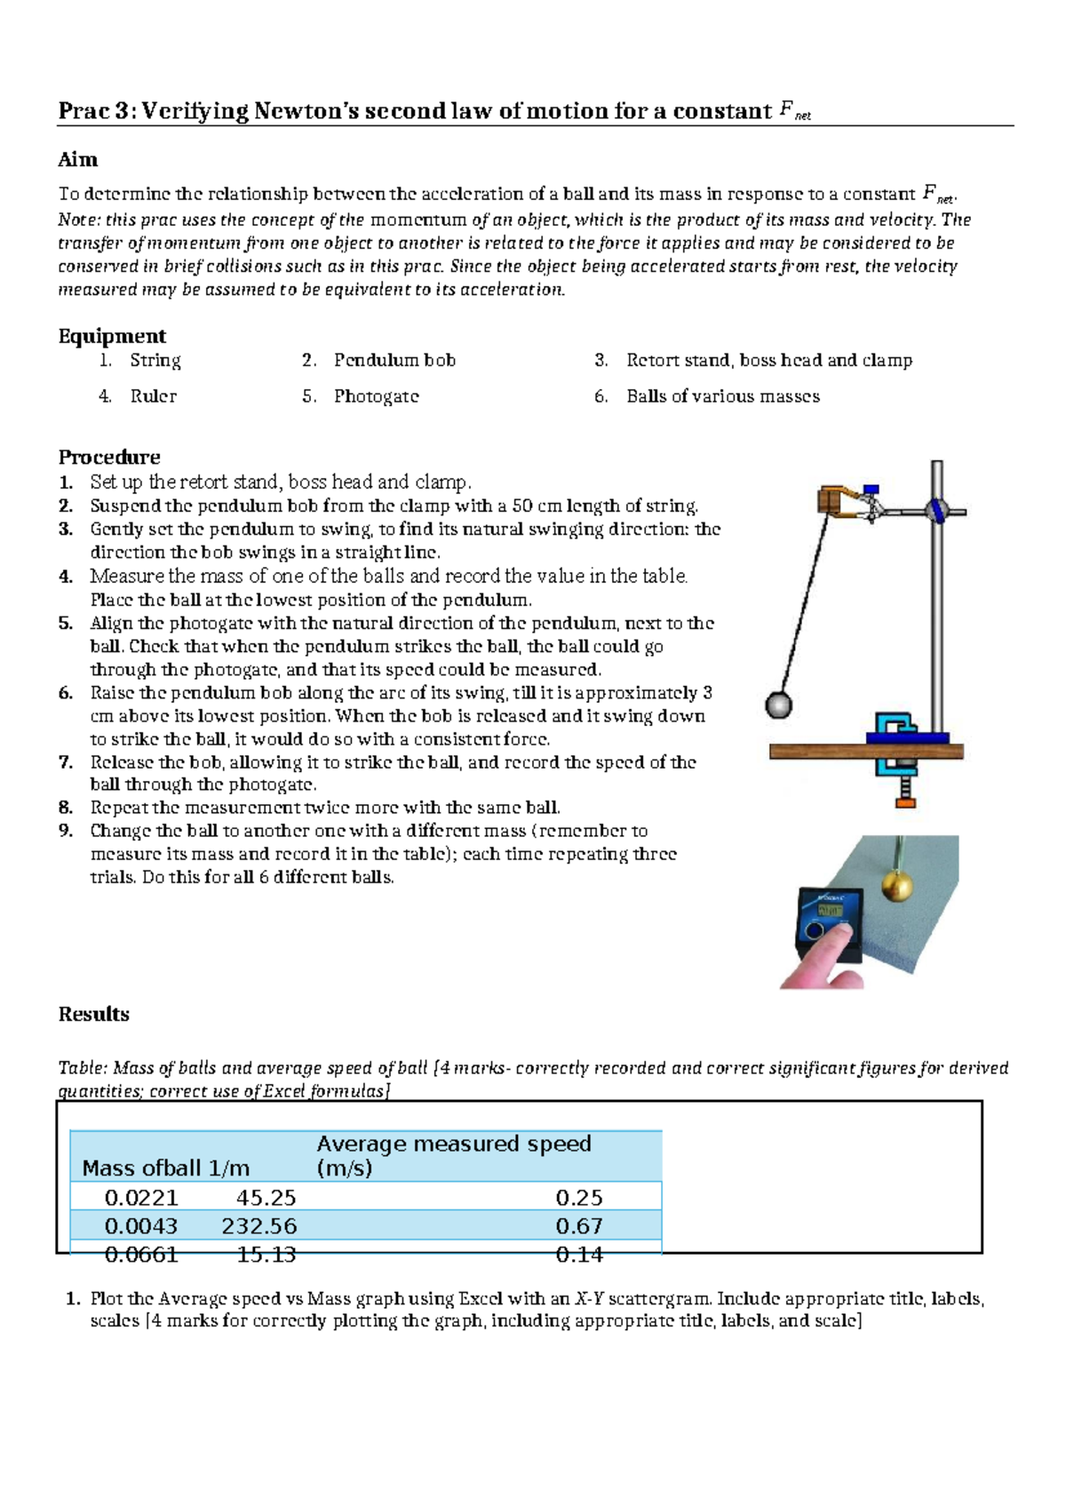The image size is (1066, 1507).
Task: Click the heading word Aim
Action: click(78, 160)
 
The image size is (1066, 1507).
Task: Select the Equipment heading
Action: click(112, 336)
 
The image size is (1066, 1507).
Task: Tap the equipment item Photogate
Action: click(376, 396)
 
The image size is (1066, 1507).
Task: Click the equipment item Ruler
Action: click(153, 396)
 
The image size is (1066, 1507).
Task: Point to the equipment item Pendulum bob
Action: click(394, 360)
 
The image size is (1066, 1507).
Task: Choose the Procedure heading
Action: click(109, 457)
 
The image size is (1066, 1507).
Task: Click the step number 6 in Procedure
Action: click(66, 693)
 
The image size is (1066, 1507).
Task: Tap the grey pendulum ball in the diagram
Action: click(778, 706)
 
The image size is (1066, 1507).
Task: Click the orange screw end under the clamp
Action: click(905, 801)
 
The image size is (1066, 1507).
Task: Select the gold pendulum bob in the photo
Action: click(897, 886)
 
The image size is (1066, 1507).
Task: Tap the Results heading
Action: click(93, 1014)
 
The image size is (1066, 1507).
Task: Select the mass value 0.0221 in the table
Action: click(141, 1198)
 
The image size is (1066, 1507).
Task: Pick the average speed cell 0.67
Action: click(578, 1226)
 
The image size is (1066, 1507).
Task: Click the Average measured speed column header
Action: click(453, 1155)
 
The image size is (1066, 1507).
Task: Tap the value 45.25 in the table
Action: click(266, 1198)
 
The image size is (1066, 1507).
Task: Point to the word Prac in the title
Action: click(84, 111)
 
